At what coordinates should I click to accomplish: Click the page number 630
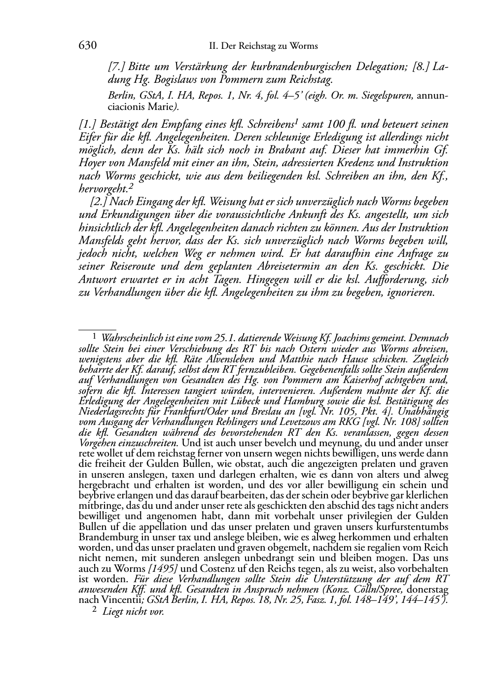87,46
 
